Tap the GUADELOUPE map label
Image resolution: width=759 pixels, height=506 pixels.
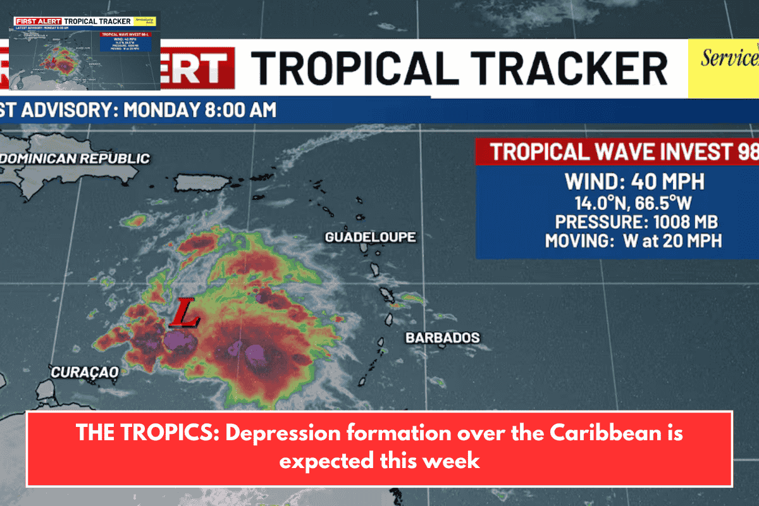pyautogui.click(x=370, y=237)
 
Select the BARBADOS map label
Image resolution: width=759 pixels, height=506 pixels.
pyautogui.click(x=442, y=338)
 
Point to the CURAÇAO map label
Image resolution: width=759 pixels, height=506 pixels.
pyautogui.click(x=84, y=373)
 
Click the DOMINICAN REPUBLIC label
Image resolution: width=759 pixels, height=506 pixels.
pyautogui.click(x=76, y=158)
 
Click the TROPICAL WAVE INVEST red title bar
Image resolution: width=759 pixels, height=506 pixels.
pyautogui.click(x=617, y=152)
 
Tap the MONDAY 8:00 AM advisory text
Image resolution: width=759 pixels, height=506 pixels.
pyautogui.click(x=200, y=109)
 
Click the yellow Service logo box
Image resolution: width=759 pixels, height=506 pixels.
pyautogui.click(x=724, y=70)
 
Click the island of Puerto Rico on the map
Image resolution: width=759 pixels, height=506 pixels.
pyautogui.click(x=204, y=182)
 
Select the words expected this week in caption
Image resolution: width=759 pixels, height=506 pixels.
pyautogui.click(x=379, y=460)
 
